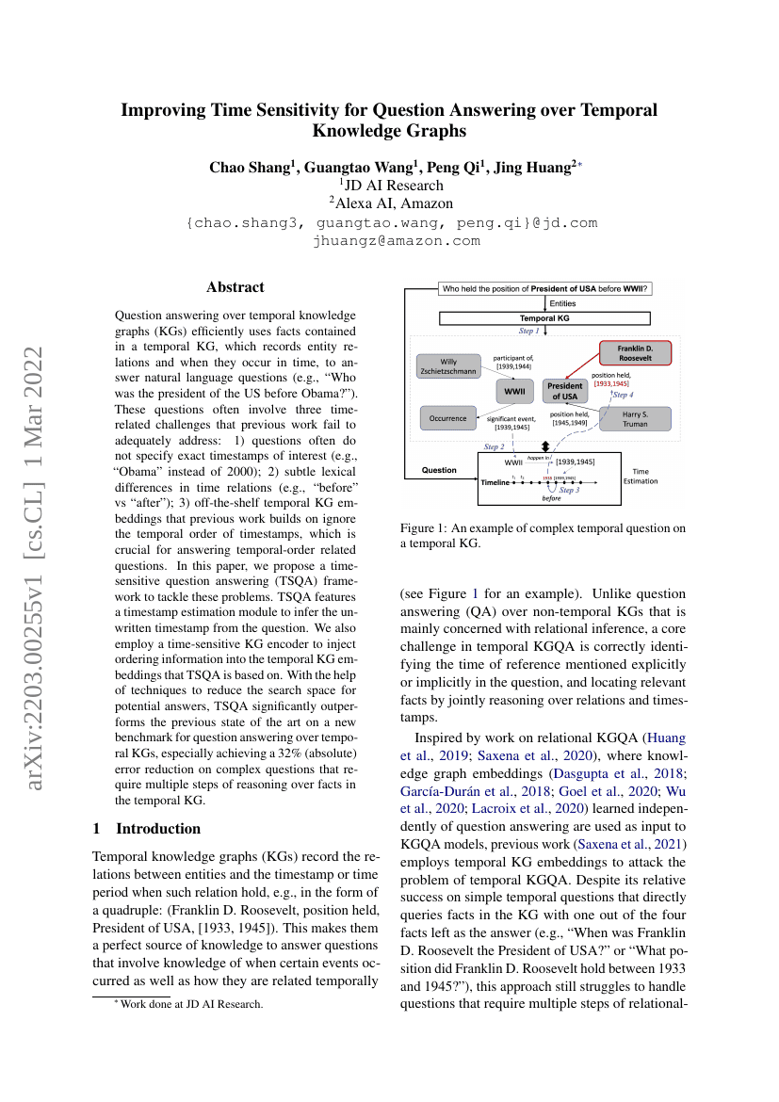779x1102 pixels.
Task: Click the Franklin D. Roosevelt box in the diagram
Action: pyautogui.click(x=636, y=352)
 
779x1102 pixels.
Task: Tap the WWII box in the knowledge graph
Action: pyautogui.click(x=514, y=390)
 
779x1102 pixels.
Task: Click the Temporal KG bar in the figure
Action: pyautogui.click(x=544, y=318)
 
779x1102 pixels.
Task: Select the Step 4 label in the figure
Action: pyautogui.click(x=624, y=395)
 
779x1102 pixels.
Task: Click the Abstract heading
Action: pyautogui.click(x=235, y=287)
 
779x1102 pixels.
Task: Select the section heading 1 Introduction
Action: pyautogui.click(x=146, y=828)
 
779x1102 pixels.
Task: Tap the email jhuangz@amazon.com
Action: pyautogui.click(x=395, y=240)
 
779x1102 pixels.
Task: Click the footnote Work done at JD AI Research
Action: pyautogui.click(x=182, y=1004)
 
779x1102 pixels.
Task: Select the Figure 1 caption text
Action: pyautogui.click(x=544, y=536)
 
